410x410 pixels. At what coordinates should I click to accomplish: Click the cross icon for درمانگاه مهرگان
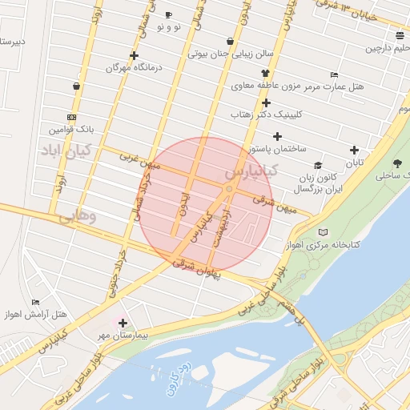[x=133, y=55]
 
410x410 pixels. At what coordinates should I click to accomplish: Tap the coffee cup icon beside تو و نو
[x=168, y=15]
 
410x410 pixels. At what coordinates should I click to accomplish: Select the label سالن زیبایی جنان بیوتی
[x=231, y=54]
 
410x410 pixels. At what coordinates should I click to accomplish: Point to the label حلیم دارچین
[x=387, y=48]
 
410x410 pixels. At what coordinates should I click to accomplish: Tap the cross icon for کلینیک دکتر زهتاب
[x=266, y=102]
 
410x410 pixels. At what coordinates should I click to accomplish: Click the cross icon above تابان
[x=354, y=150]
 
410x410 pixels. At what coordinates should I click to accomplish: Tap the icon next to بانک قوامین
[x=72, y=116]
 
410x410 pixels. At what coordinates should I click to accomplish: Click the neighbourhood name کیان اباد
[x=66, y=150]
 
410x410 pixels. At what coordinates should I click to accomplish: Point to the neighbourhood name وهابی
[x=81, y=216]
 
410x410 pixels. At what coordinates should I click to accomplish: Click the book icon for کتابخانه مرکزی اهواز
[x=323, y=232]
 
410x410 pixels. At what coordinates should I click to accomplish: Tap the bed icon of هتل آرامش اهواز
[x=35, y=302]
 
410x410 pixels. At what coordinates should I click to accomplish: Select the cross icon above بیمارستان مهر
[x=123, y=323]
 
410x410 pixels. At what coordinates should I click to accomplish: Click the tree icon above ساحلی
[x=397, y=163]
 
